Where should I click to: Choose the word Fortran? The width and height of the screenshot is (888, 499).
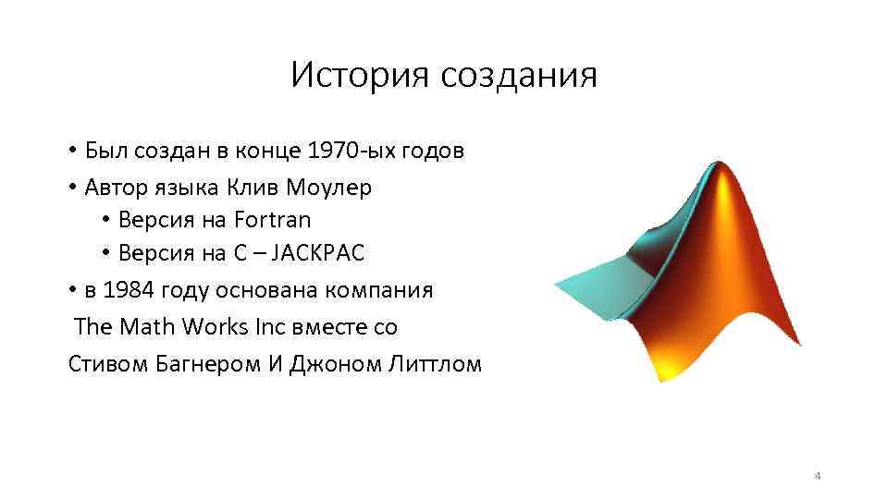273,221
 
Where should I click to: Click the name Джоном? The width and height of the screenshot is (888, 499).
331,362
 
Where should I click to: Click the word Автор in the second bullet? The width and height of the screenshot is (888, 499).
114,187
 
